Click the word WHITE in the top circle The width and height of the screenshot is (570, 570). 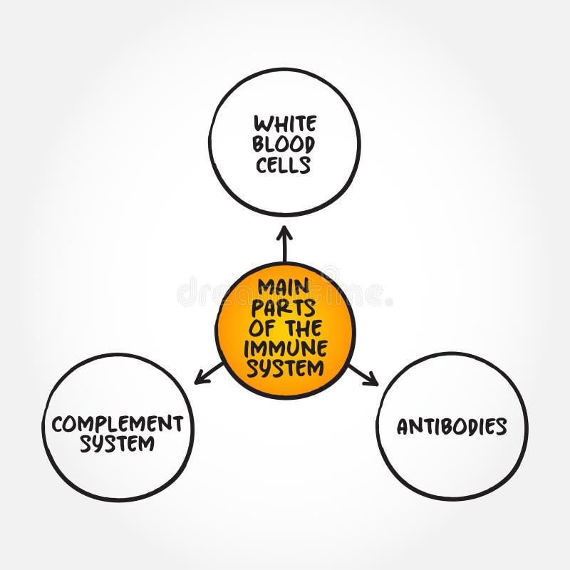tap(284, 124)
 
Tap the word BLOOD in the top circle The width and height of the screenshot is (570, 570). tap(284, 145)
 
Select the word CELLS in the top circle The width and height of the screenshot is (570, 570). tap(284, 165)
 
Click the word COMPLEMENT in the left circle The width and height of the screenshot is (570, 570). tap(117, 424)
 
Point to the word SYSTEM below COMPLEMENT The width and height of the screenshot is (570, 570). tap(117, 445)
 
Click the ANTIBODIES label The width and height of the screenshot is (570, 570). tap(452, 426)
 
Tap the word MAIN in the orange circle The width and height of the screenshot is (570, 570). tap(284, 287)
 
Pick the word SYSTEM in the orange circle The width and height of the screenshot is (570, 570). tap(284, 369)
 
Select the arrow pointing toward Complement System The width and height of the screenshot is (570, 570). tap(209, 373)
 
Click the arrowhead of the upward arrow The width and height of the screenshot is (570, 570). tap(284, 232)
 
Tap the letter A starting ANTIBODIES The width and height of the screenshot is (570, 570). tap(404, 427)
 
